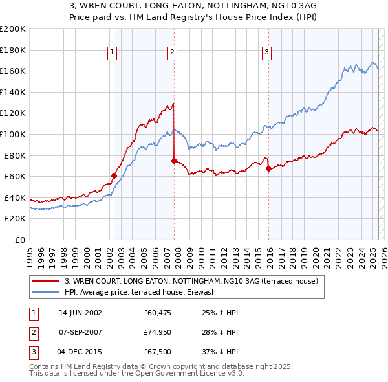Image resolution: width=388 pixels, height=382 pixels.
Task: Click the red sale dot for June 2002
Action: tap(114, 175)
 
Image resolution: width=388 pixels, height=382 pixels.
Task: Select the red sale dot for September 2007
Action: tap(174, 161)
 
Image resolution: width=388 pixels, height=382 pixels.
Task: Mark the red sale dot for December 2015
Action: tap(268, 168)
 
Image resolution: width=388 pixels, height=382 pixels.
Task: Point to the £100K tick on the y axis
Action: tap(14, 134)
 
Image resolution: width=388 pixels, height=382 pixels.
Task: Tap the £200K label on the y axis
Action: tap(14, 29)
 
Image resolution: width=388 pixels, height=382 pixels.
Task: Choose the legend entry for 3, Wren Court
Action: tap(191, 282)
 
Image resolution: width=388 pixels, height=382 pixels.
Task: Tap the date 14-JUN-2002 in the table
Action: tap(80, 313)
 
